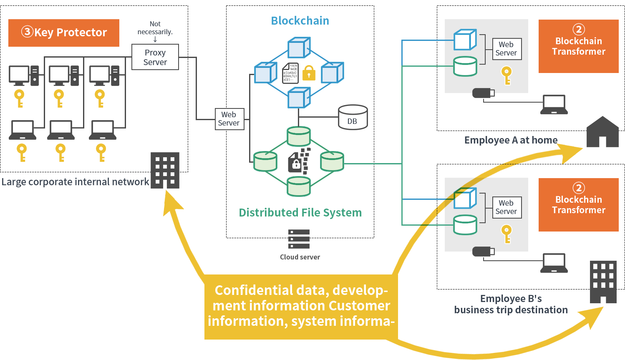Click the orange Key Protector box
tap(64, 33)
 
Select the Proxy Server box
tap(155, 57)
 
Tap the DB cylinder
tap(353, 117)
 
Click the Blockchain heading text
tap(300, 21)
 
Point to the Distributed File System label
tap(300, 213)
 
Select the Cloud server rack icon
tap(299, 239)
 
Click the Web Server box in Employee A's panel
tap(507, 49)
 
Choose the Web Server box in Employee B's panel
tap(507, 207)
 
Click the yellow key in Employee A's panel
tap(507, 76)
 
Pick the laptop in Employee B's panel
tap(554, 263)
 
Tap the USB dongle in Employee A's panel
tap(483, 93)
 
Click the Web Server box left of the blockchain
tap(229, 119)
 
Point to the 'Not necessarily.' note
tap(155, 28)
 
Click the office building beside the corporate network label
tap(165, 170)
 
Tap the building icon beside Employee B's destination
tap(603, 282)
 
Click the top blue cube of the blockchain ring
tap(299, 47)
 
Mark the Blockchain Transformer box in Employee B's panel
tap(578, 205)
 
